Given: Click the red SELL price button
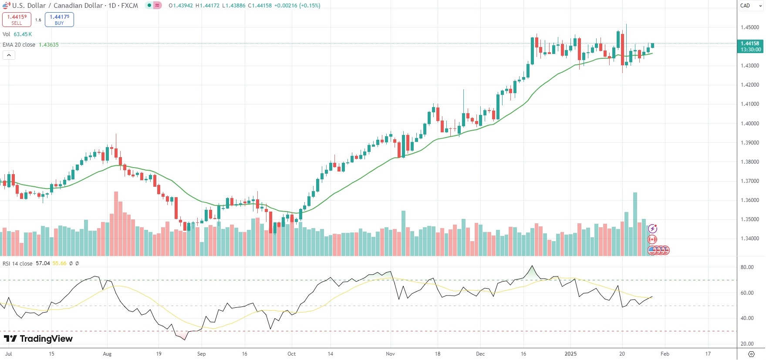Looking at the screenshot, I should (17, 20).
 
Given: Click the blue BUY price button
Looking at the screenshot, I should (59, 20).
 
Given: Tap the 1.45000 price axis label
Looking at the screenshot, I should (750, 27).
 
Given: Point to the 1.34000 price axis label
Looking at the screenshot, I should (750, 239).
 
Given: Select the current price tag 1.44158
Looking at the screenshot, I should (750, 44).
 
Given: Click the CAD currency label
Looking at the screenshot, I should (745, 6).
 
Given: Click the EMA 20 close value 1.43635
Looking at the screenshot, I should (48, 45).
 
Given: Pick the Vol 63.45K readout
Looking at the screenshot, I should (22, 34).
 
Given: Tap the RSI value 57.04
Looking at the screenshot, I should (43, 263).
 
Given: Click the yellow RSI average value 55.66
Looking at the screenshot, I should (59, 263).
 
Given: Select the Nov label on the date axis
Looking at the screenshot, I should (390, 354).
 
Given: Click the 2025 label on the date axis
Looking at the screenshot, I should (570, 354).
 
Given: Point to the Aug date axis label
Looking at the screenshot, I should (107, 354).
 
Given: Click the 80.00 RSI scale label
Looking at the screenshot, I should (747, 267).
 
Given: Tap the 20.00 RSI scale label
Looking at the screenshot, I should (747, 344).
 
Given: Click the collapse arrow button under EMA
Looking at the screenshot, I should (9, 55).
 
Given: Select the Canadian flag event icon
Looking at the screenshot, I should (652, 239).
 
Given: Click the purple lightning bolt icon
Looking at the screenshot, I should (652, 229).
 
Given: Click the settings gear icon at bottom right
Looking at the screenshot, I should (751, 354).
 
